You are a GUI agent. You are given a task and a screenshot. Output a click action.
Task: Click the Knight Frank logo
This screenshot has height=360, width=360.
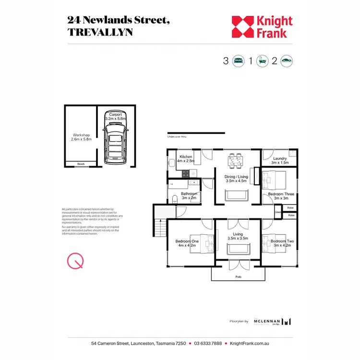(x=262, y=27)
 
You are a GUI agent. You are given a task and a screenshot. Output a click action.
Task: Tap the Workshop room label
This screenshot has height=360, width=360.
(x=81, y=137)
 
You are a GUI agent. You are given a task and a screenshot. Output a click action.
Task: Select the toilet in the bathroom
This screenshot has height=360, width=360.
(x=175, y=199)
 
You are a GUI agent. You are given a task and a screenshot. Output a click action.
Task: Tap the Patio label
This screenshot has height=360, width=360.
(x=238, y=277)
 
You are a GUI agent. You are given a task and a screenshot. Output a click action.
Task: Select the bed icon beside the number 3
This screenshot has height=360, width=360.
(x=239, y=61)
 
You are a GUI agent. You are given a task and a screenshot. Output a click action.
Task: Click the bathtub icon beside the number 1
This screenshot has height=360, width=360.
(x=262, y=61)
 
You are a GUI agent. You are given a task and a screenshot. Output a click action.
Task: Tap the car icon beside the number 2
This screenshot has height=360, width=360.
(x=287, y=61)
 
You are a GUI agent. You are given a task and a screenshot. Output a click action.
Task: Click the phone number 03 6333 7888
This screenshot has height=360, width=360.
(x=208, y=343)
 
